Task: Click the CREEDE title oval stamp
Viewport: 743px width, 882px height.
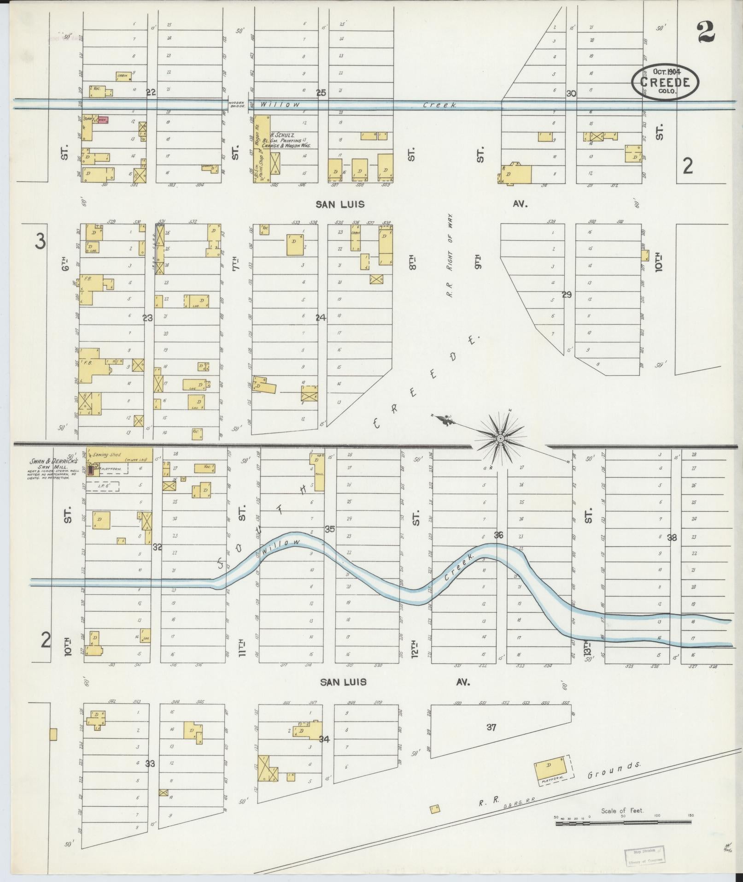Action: [x=665, y=82]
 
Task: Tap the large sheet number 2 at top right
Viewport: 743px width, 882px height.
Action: [x=705, y=32]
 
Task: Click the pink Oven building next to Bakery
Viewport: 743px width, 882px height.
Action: [x=102, y=120]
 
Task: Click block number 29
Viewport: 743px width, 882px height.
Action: [x=567, y=295]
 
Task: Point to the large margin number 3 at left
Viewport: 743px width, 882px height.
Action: [x=41, y=242]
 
